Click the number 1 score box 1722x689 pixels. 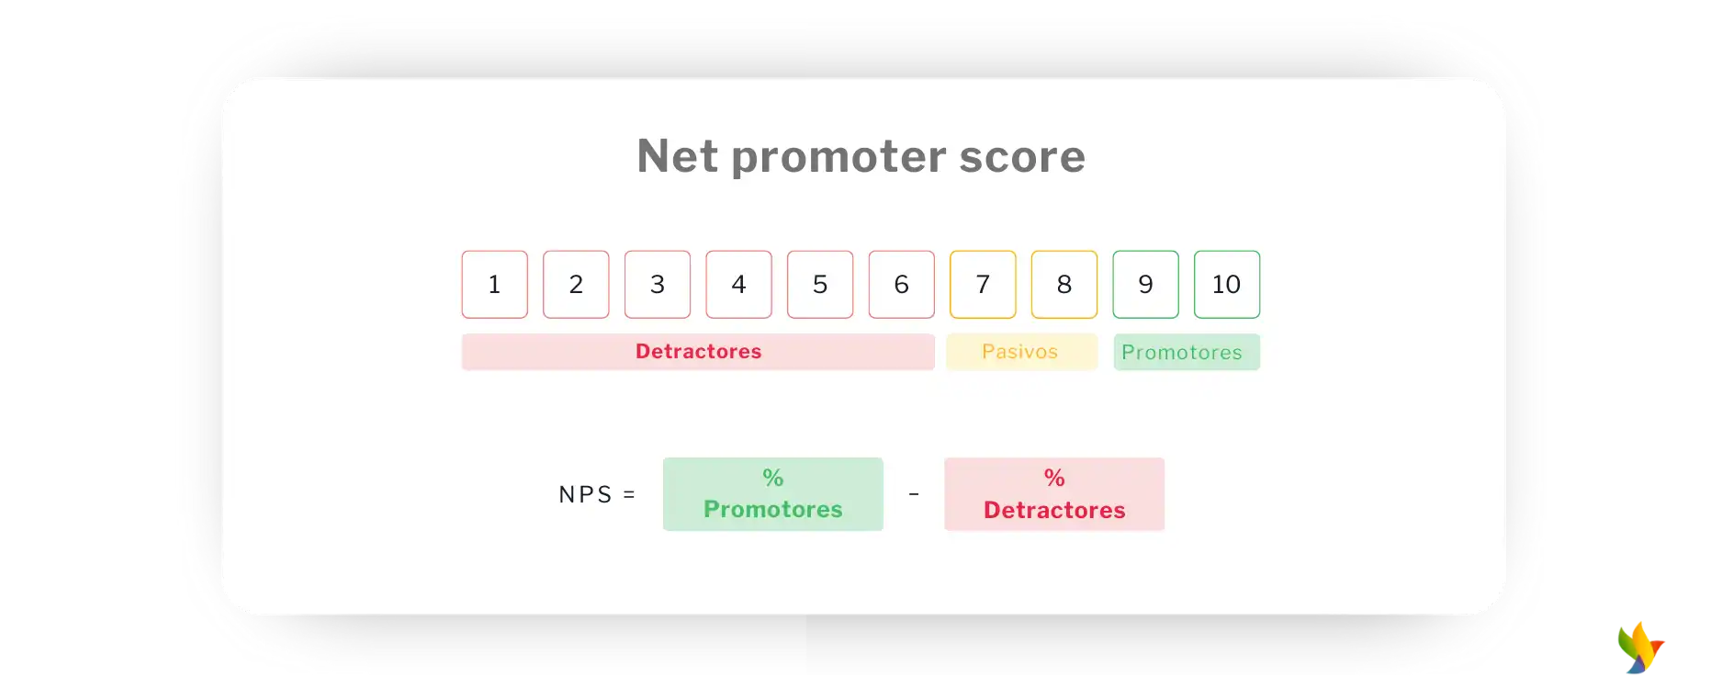click(x=495, y=285)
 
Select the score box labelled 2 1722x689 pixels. click(x=576, y=285)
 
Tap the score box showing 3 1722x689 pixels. click(x=658, y=285)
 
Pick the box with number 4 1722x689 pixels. click(x=739, y=285)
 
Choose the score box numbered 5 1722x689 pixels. click(x=820, y=285)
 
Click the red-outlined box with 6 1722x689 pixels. click(x=902, y=285)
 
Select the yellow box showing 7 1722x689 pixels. click(x=983, y=285)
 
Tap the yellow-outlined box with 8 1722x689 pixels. click(x=1064, y=285)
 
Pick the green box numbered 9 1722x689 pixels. click(x=1146, y=285)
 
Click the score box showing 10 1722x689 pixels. click(x=1227, y=285)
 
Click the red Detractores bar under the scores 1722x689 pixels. click(x=698, y=352)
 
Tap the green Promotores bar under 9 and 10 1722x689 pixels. click(x=1187, y=352)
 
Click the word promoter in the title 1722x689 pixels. click(x=838, y=157)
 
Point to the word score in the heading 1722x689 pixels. click(x=1022, y=157)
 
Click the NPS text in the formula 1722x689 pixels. click(x=586, y=494)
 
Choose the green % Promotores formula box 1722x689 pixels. click(x=773, y=494)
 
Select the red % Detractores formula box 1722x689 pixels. click(x=1054, y=494)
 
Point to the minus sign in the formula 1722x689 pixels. click(x=914, y=494)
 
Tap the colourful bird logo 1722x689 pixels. click(x=1640, y=648)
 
